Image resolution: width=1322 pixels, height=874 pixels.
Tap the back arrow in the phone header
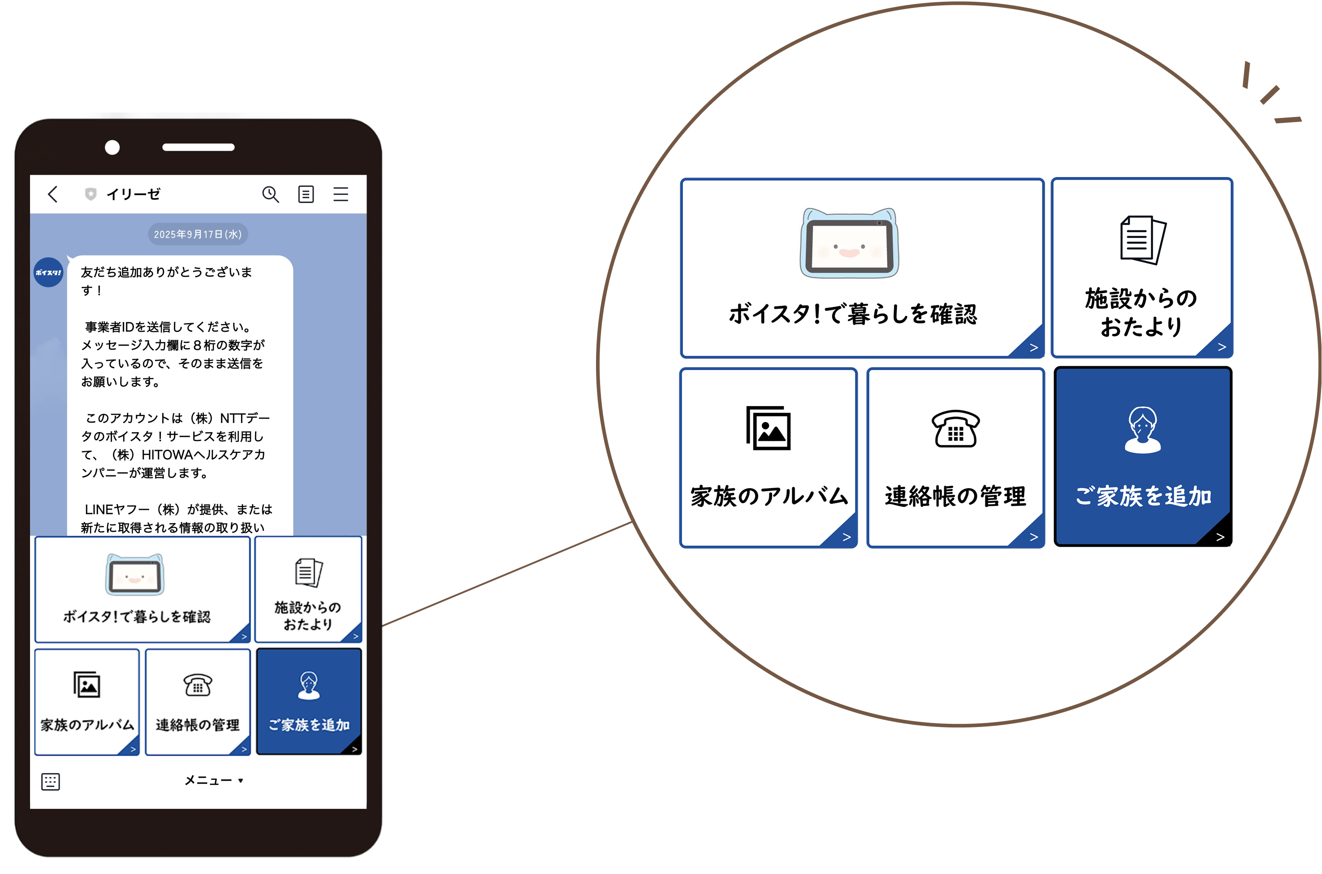[53, 194]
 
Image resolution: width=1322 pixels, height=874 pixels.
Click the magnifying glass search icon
[270, 194]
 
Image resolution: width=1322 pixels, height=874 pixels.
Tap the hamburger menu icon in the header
[341, 194]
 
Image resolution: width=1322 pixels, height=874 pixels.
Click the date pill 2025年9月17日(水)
[198, 234]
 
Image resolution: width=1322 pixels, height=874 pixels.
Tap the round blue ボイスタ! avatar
[48, 272]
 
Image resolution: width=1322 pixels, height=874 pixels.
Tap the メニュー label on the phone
[208, 780]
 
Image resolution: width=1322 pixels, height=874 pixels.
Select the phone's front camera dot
[112, 147]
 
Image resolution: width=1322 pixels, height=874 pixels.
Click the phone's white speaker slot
[199, 147]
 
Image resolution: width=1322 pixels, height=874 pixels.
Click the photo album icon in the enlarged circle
[769, 428]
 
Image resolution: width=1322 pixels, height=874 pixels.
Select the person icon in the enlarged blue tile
[1143, 429]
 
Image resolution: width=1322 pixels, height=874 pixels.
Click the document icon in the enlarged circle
[1143, 240]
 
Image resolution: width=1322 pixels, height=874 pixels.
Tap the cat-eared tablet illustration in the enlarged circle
[849, 242]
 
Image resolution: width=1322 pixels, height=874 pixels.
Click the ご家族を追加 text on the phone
[309, 725]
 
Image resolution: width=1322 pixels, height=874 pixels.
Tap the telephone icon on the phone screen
[198, 685]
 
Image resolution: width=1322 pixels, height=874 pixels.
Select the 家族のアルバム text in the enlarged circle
[769, 496]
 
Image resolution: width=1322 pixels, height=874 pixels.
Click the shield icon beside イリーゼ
[90, 194]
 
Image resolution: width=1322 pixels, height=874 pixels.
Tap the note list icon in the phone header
[306, 194]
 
